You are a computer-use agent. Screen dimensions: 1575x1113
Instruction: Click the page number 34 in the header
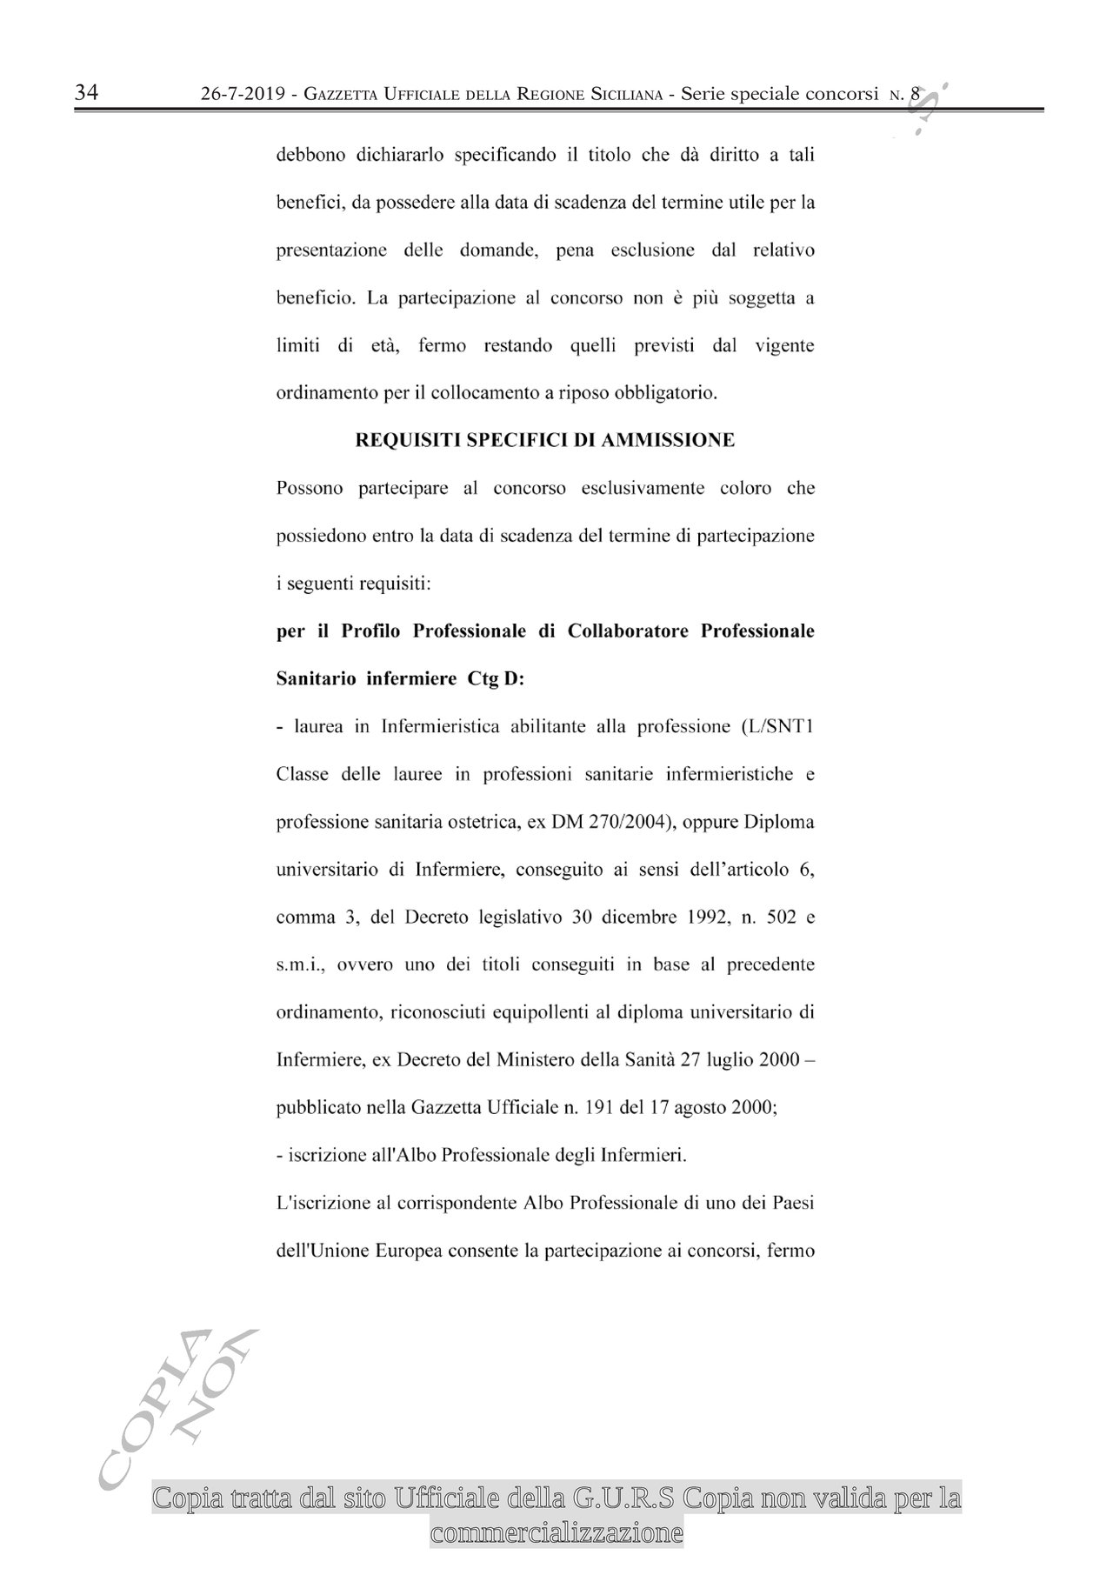pos(87,93)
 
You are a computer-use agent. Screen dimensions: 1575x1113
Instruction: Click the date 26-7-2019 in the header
pos(243,95)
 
